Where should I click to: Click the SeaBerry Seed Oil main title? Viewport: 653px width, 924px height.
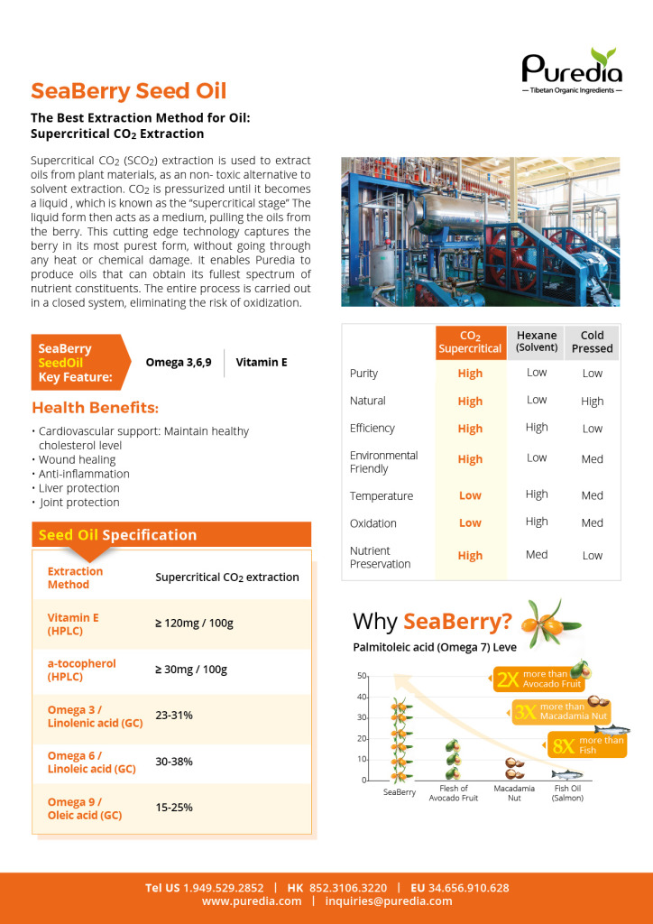pyautogui.click(x=128, y=91)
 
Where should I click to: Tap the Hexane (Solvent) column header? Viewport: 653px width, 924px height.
pyautogui.click(x=537, y=340)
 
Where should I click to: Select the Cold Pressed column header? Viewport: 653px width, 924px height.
pyautogui.click(x=592, y=341)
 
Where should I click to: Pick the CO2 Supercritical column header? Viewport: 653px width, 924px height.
pyautogui.click(x=469, y=341)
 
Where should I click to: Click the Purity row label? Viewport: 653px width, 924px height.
pyautogui.click(x=363, y=374)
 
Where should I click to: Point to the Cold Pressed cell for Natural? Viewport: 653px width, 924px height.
pyautogui.click(x=593, y=402)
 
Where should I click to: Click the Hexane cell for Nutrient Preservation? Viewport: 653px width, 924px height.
pyautogui.click(x=537, y=555)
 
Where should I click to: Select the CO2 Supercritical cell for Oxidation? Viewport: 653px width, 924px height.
pyautogui.click(x=470, y=522)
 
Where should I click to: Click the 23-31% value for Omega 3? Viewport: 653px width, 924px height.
pyautogui.click(x=174, y=715)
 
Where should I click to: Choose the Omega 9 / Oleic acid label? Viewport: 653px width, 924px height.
pyautogui.click(x=87, y=808)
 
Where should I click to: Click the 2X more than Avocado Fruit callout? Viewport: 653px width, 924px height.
pyautogui.click(x=539, y=679)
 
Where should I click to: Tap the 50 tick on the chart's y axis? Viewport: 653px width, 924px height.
pyautogui.click(x=361, y=676)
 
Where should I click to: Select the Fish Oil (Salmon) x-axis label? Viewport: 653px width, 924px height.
pyautogui.click(x=568, y=793)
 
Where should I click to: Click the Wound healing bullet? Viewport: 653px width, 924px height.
pyautogui.click(x=77, y=459)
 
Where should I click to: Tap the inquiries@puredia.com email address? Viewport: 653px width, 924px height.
pyautogui.click(x=389, y=901)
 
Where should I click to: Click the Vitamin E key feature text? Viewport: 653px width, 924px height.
pyautogui.click(x=262, y=362)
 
